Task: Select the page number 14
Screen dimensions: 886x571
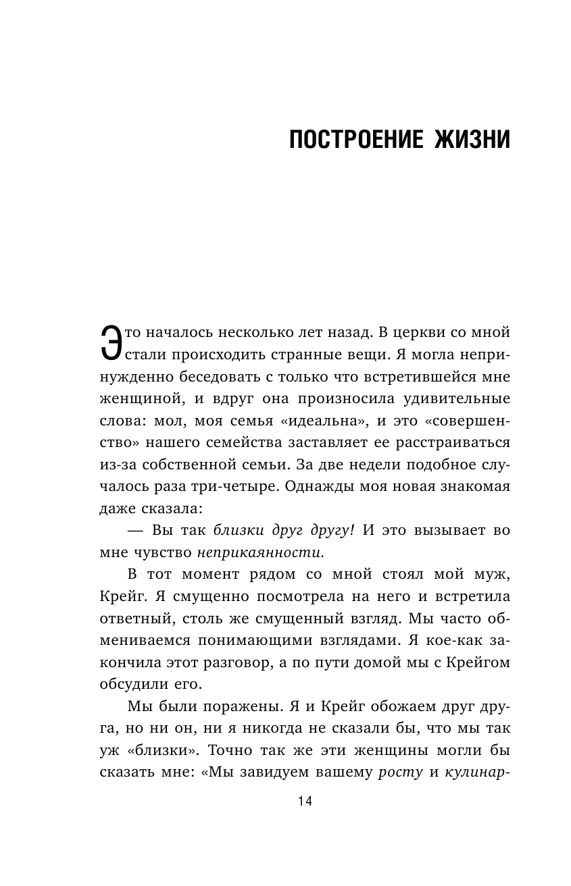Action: tap(304, 802)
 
